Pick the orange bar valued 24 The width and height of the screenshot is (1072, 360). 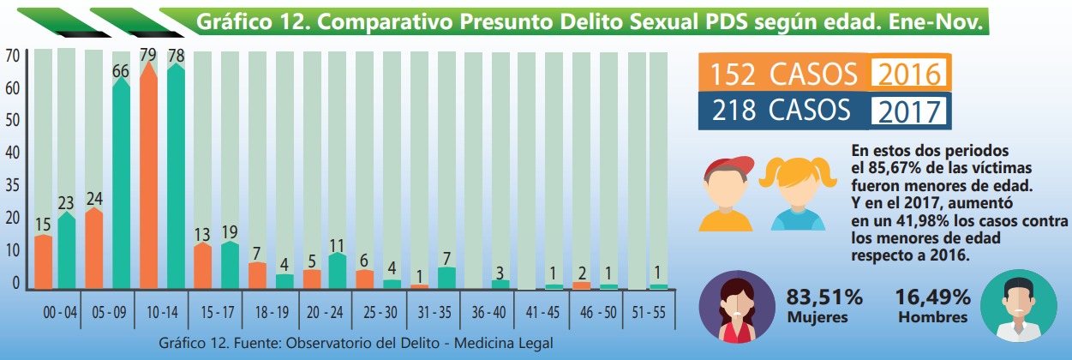(x=94, y=249)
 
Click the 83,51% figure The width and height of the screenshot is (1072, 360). (x=823, y=298)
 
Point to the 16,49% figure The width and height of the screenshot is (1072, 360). (x=933, y=298)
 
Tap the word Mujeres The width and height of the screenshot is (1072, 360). (x=818, y=317)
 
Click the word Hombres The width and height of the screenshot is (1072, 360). (x=933, y=317)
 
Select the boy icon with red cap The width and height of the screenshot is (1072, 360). (x=728, y=194)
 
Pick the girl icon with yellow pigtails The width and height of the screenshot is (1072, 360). (x=797, y=194)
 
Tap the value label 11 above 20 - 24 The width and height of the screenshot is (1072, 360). (x=338, y=245)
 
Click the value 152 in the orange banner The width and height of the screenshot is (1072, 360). (x=734, y=75)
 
